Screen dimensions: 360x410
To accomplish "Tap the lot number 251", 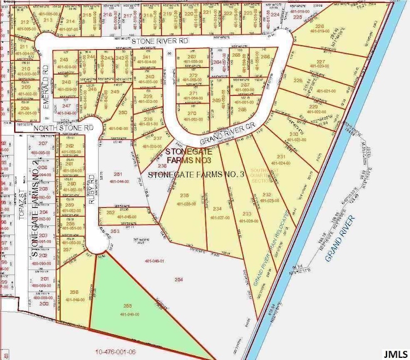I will [118, 174].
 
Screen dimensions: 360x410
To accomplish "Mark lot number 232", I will [267, 195].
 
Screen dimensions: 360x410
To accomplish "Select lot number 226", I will [320, 26].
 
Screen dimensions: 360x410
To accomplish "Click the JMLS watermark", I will [396, 352].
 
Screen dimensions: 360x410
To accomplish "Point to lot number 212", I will [24, 21].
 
